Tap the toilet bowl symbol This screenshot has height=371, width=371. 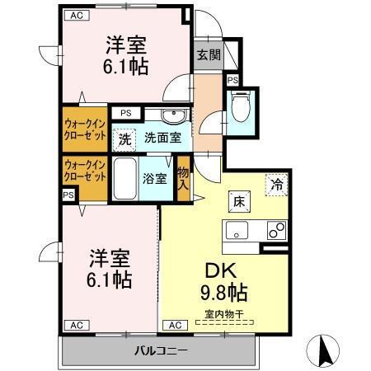[x=241, y=109]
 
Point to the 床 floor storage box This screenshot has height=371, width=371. [x=237, y=201]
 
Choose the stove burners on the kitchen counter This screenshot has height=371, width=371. [x=276, y=230]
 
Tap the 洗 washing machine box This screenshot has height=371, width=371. [x=124, y=139]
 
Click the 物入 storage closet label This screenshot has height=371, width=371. [x=183, y=176]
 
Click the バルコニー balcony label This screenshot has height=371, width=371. [x=162, y=352]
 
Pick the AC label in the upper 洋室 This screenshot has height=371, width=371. [x=76, y=15]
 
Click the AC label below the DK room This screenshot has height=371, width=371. [x=175, y=325]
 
